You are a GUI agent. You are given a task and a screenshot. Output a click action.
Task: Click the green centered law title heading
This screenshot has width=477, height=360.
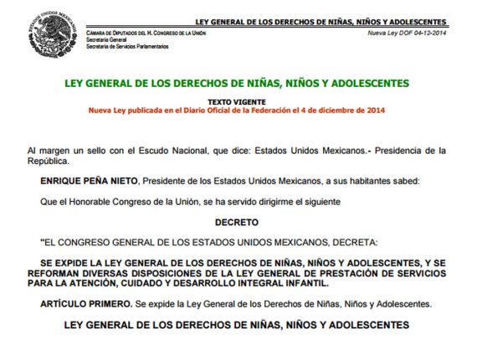pos(237,84)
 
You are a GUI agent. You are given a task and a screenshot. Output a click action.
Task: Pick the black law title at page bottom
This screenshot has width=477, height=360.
pos(237,324)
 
